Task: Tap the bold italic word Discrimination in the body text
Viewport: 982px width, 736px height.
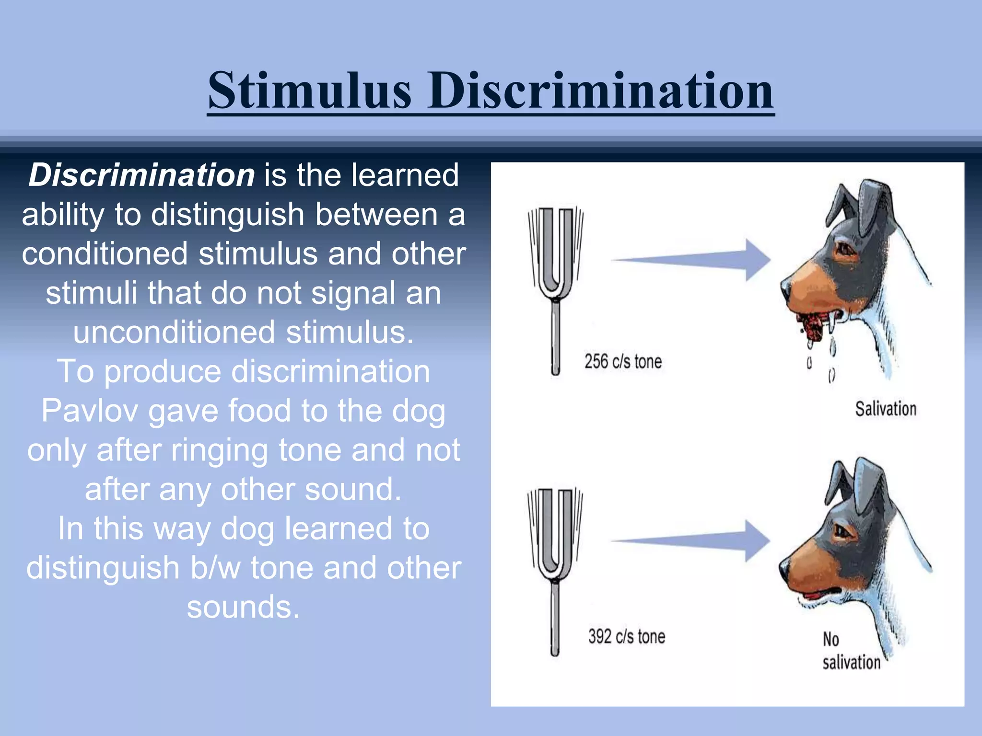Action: click(x=141, y=175)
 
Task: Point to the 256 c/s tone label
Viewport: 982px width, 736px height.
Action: click(x=623, y=362)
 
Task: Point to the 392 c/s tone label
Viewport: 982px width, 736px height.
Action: click(x=626, y=637)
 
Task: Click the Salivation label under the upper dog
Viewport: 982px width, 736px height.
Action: click(x=885, y=409)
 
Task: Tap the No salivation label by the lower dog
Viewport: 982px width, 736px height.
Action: click(x=851, y=652)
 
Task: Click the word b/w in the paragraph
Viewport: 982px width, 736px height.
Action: click(x=215, y=568)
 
